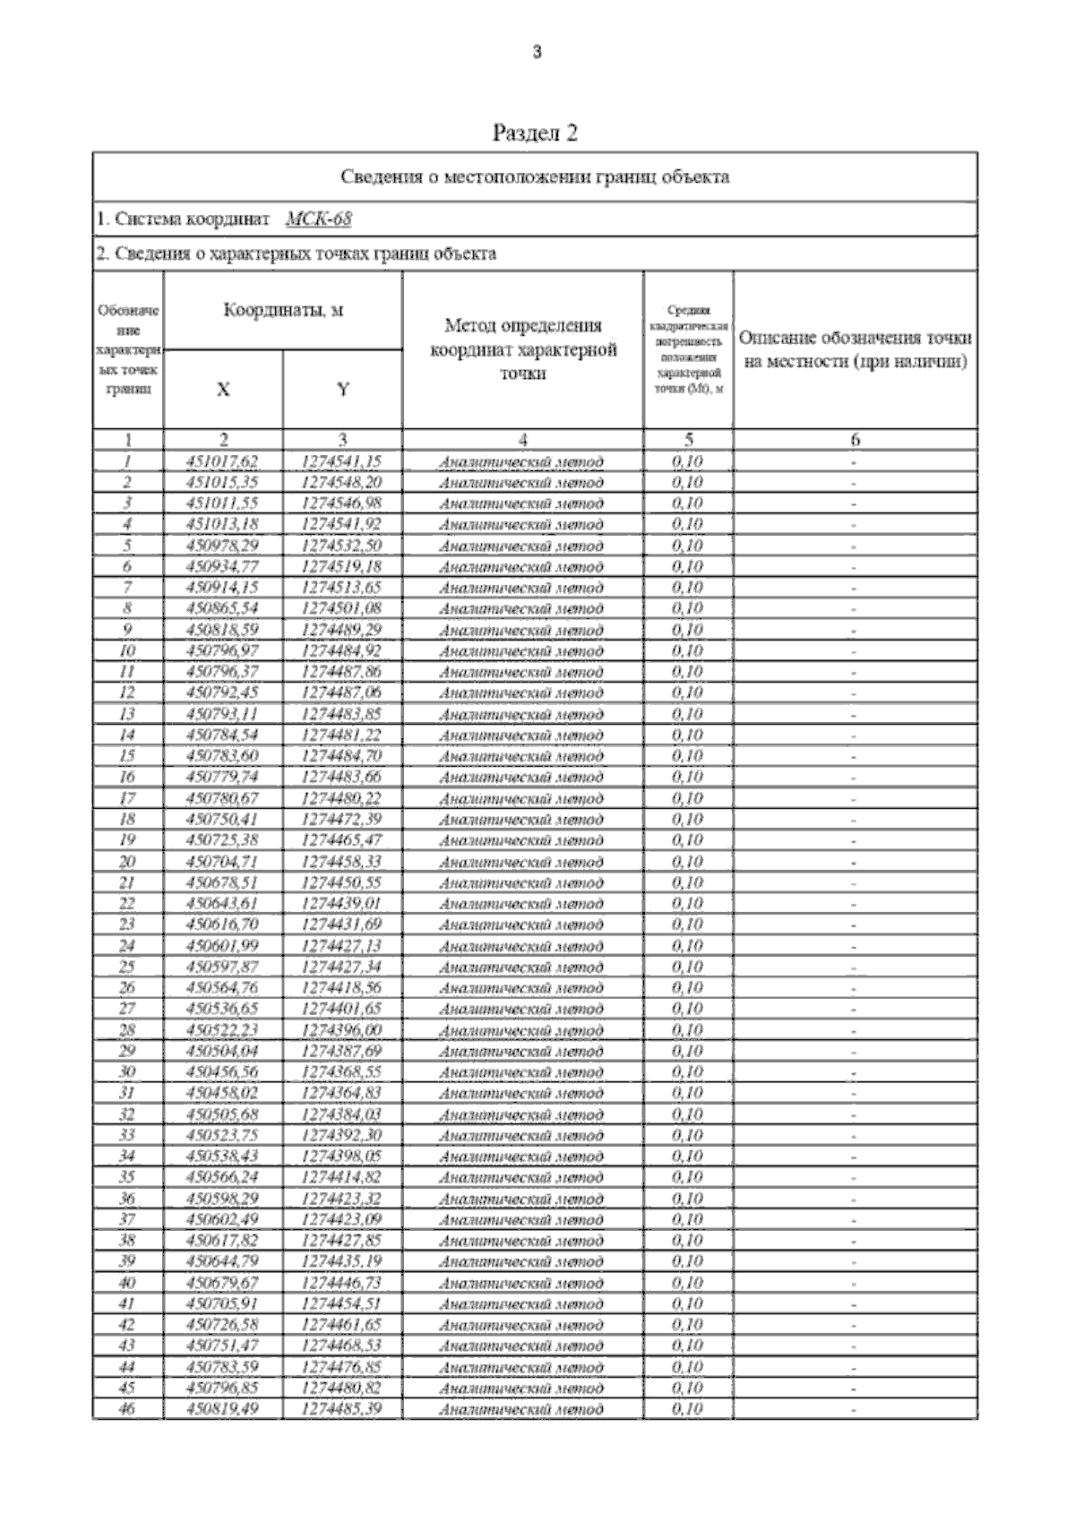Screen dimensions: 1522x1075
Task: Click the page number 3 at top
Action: [537, 53]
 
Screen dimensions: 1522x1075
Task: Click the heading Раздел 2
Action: [536, 133]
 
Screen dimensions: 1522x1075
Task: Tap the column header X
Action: [223, 390]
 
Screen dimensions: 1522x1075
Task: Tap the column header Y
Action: [342, 390]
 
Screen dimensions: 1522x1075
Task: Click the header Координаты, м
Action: [283, 311]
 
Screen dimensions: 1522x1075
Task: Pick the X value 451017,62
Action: [222, 461]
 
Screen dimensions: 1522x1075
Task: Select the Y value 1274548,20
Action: [342, 482]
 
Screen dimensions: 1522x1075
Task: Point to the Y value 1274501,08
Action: [342, 608]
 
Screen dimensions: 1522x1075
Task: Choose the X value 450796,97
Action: [222, 650]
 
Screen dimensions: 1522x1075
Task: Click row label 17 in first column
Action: [127, 798]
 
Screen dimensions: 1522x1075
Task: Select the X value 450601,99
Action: [222, 946]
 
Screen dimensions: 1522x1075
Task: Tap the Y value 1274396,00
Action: [342, 1030]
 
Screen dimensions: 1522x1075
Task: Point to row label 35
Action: [127, 1177]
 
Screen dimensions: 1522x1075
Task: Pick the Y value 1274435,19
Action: [342, 1261]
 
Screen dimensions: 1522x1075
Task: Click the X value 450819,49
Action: [222, 1409]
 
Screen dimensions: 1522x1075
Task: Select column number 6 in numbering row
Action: [855, 440]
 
